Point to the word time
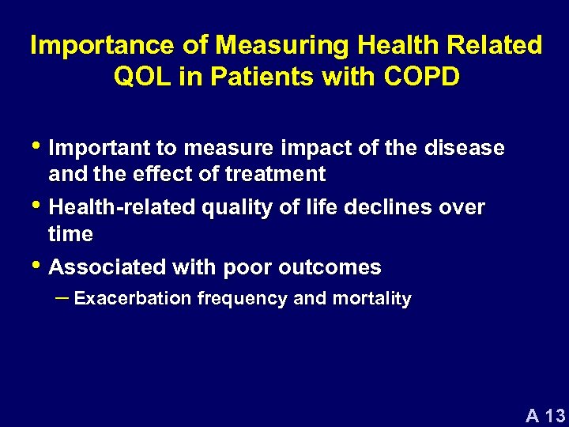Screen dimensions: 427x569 click(70, 233)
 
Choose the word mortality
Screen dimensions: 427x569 click(374, 299)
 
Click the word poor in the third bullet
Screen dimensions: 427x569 click(248, 267)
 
